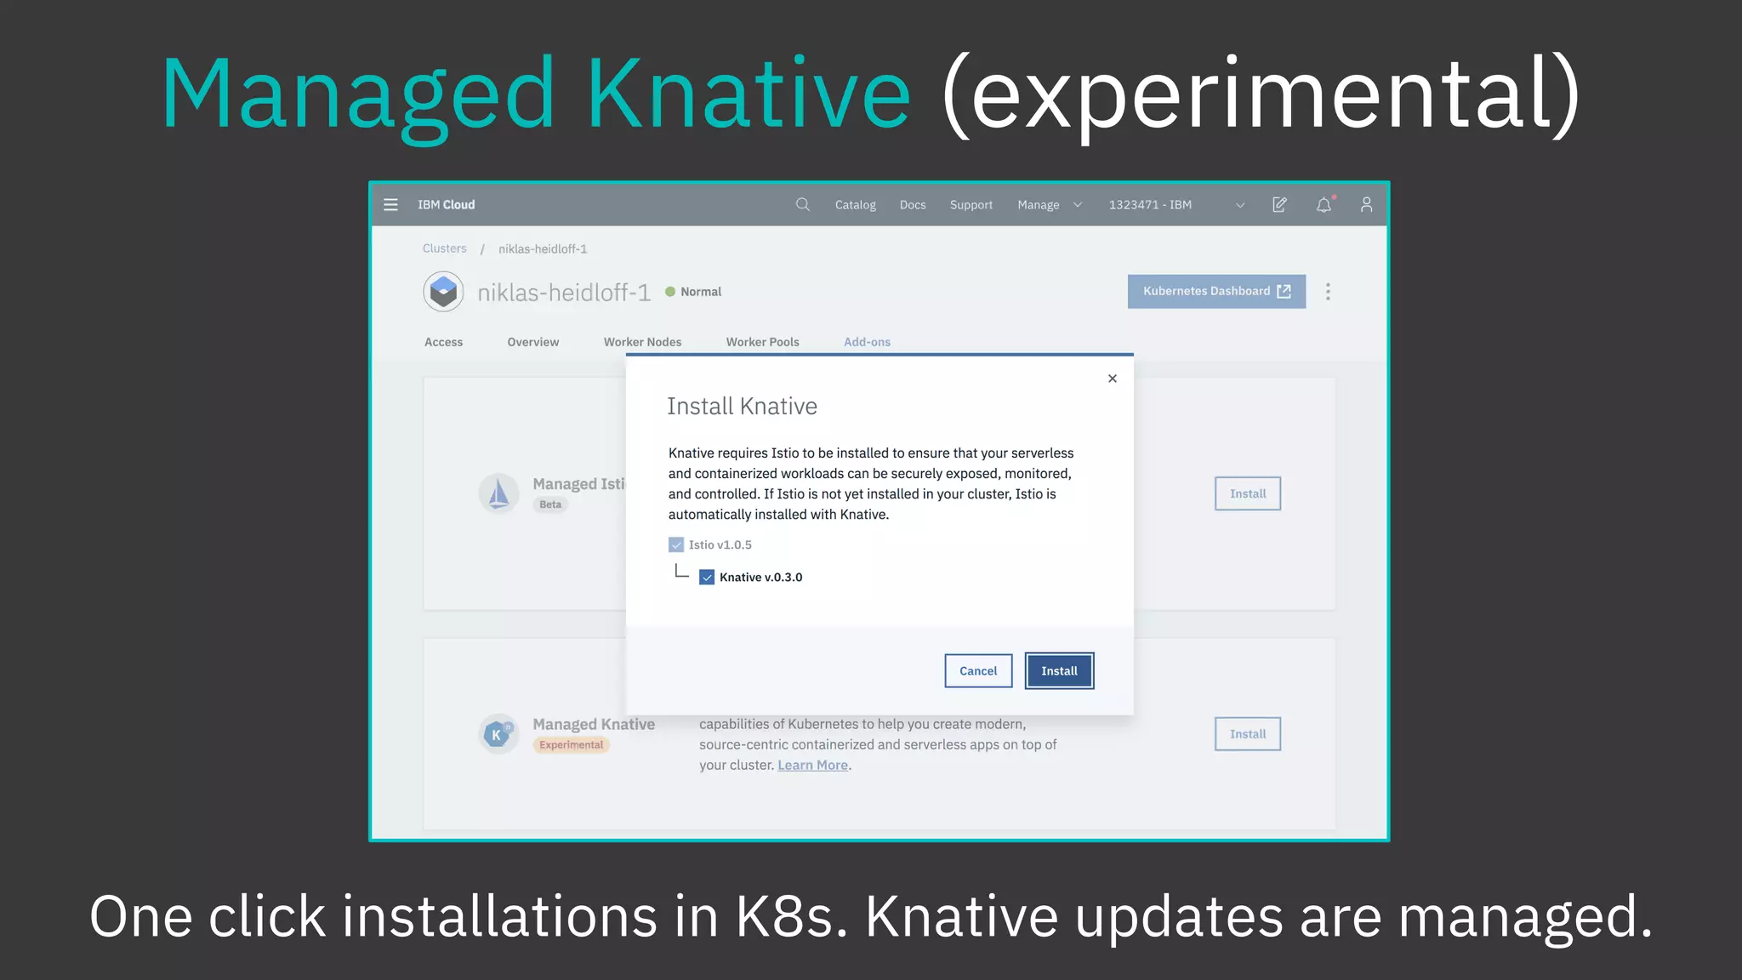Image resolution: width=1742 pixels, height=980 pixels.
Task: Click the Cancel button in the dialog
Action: (x=978, y=671)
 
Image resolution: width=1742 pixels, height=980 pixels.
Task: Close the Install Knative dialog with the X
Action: (x=1113, y=379)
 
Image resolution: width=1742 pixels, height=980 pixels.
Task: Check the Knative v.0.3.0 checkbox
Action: (x=707, y=578)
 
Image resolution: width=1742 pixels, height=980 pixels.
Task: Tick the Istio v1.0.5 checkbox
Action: (x=676, y=545)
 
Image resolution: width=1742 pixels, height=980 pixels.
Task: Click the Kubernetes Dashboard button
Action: (x=1216, y=292)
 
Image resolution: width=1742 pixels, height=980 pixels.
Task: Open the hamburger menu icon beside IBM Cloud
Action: (x=391, y=205)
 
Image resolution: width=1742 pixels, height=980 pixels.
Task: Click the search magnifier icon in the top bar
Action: (x=802, y=205)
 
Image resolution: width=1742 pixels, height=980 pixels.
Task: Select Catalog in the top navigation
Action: (x=855, y=205)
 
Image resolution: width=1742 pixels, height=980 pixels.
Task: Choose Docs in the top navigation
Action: (x=913, y=205)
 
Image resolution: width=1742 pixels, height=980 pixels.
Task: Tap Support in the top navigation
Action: (x=971, y=205)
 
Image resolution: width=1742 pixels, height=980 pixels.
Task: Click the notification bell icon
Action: (x=1324, y=205)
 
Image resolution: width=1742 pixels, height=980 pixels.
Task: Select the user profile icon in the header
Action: (x=1366, y=205)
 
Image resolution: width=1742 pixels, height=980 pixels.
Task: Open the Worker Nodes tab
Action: (x=642, y=342)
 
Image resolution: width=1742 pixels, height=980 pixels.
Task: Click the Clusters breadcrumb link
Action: (x=445, y=248)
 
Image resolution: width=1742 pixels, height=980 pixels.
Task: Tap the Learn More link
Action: (x=812, y=766)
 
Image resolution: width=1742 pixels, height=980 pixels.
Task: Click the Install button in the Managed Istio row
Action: (x=1247, y=494)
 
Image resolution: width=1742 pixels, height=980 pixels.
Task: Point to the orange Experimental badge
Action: (x=572, y=745)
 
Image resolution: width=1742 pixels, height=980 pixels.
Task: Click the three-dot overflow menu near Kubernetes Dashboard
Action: (x=1328, y=292)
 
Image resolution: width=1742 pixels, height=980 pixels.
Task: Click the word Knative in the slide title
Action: (x=749, y=94)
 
